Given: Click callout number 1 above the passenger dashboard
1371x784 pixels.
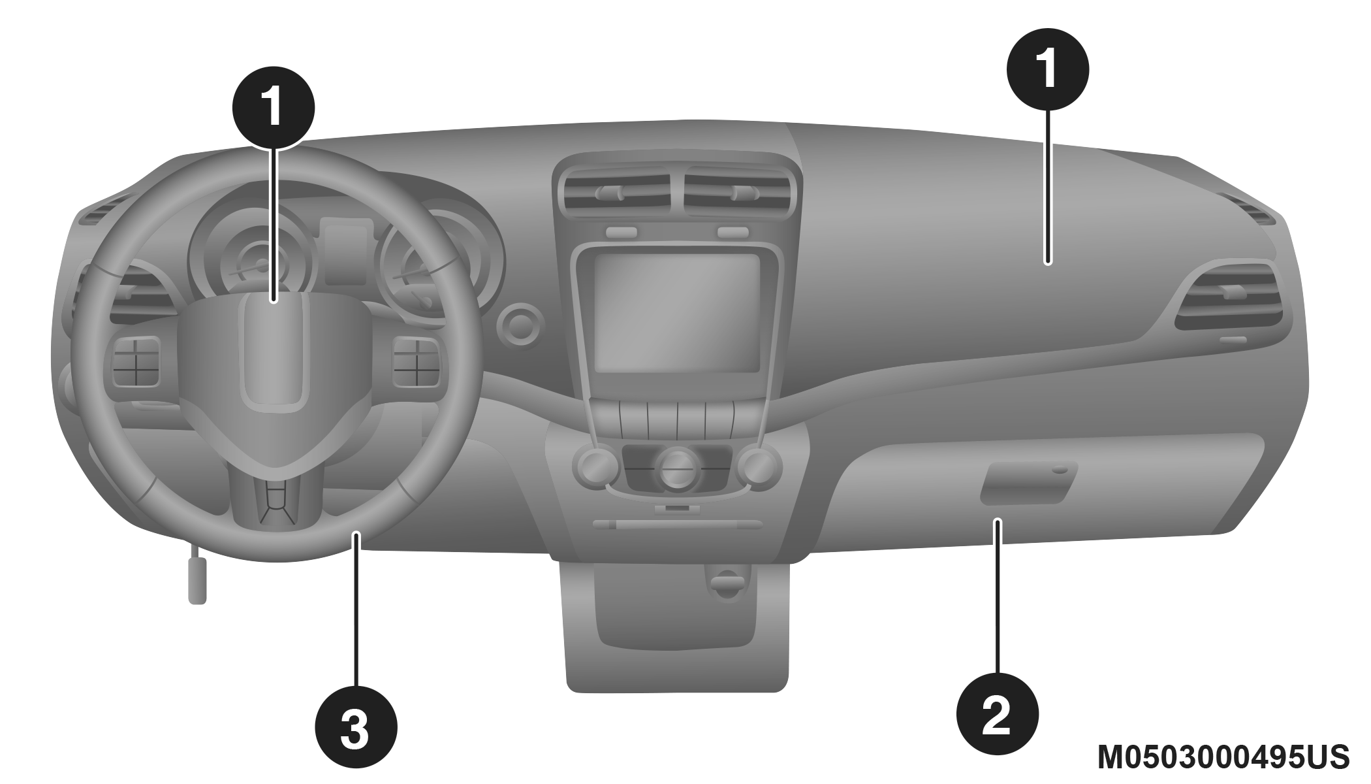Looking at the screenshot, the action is [x=1047, y=68].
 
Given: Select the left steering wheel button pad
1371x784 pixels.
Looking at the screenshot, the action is [x=136, y=362].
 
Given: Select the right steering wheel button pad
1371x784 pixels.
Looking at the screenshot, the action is [x=415, y=362].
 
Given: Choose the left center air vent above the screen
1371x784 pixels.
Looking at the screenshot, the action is [x=616, y=194].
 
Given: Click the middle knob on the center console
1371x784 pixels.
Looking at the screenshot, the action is [x=678, y=468].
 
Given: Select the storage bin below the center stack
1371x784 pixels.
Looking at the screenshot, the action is [x=677, y=621].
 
